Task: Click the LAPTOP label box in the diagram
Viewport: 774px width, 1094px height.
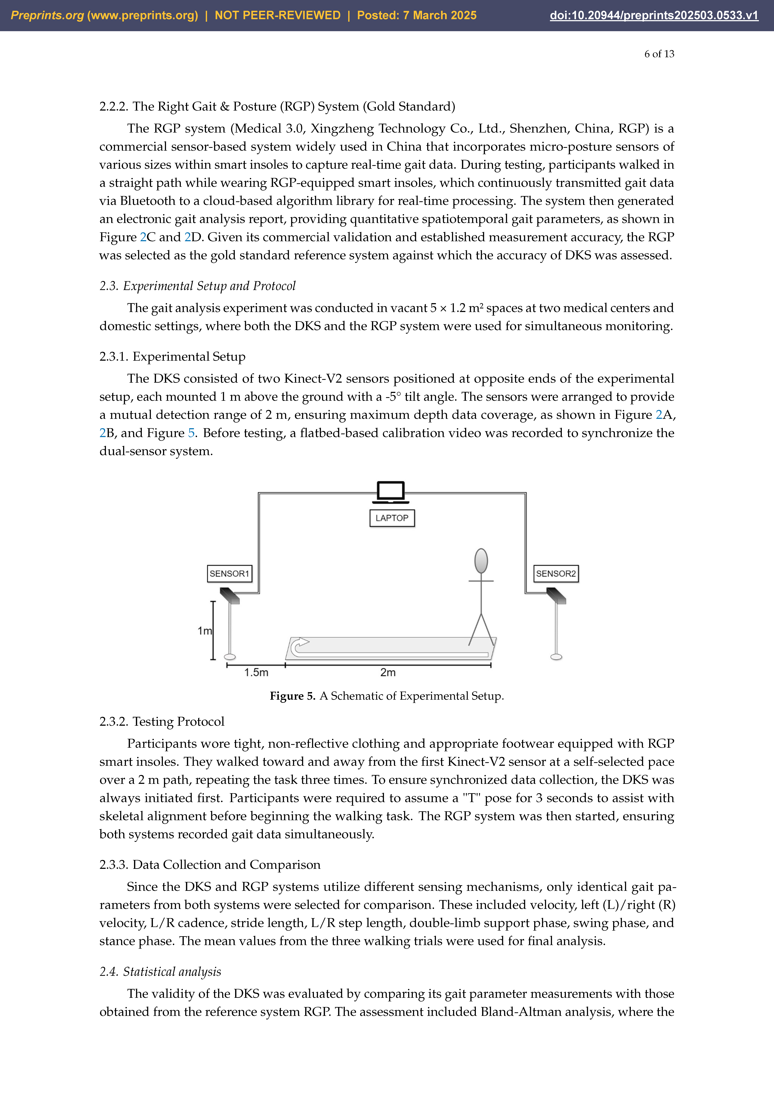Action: (x=392, y=518)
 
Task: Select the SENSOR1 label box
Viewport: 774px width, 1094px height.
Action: (x=229, y=573)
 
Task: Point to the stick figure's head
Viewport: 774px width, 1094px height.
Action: (x=481, y=561)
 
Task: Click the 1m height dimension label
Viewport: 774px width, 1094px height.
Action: (x=205, y=631)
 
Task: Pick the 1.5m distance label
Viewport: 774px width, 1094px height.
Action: (x=256, y=672)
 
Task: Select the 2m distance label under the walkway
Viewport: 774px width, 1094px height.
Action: (x=388, y=672)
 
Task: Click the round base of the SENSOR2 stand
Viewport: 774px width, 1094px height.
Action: (x=556, y=657)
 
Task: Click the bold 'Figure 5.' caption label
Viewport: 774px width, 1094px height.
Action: (x=292, y=696)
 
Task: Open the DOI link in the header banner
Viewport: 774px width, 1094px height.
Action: (x=654, y=15)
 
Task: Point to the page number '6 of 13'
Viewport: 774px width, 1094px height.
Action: (x=659, y=54)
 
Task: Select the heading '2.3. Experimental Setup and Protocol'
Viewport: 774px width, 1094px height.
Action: (x=197, y=286)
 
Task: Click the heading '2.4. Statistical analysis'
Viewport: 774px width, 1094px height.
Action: (x=160, y=972)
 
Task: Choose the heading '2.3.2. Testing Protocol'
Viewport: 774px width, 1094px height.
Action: (x=162, y=721)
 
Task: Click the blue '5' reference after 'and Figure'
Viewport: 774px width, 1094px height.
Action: (x=191, y=433)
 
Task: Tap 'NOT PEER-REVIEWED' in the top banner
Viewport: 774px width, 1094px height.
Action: (x=278, y=15)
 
